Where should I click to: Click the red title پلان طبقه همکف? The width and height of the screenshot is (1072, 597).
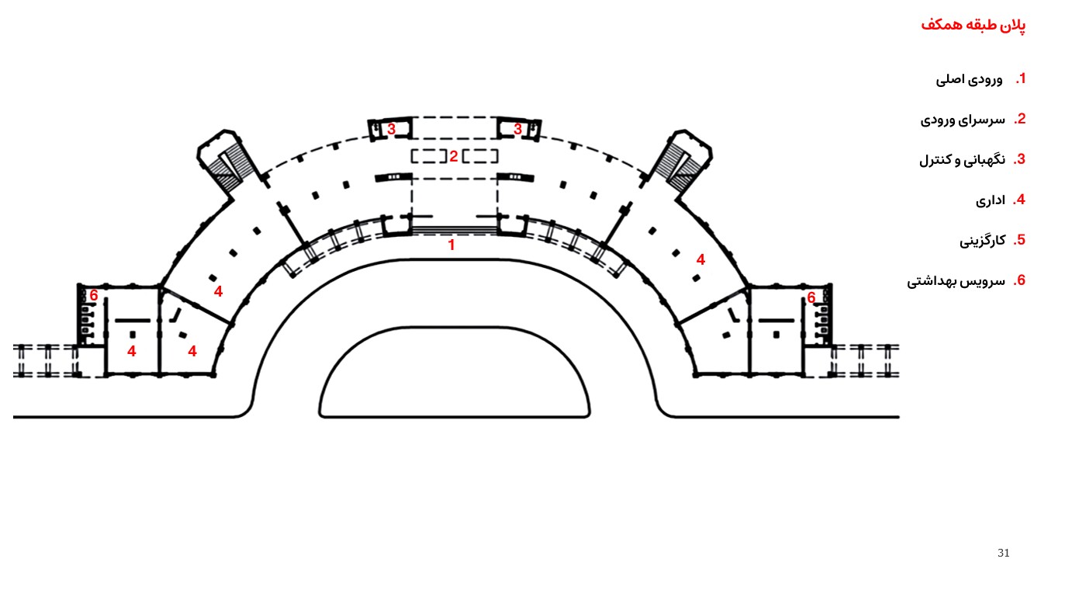(x=973, y=26)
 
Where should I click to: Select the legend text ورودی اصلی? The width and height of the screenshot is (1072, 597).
(x=969, y=79)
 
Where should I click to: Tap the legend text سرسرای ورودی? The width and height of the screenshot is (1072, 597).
(x=963, y=120)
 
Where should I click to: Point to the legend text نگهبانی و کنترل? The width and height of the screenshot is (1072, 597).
(x=962, y=160)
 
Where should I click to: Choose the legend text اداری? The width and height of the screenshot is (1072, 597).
(x=990, y=200)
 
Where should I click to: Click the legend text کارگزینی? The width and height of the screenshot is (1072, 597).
(x=982, y=241)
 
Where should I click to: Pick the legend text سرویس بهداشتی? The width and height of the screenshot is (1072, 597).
(x=956, y=281)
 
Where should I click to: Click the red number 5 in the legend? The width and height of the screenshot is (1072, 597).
(x=1020, y=240)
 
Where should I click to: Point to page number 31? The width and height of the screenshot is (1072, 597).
(x=1004, y=554)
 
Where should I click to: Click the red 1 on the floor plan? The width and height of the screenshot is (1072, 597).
(x=451, y=245)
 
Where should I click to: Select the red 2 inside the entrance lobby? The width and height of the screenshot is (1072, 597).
(x=454, y=156)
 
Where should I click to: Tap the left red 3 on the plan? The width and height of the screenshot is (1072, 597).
(x=392, y=130)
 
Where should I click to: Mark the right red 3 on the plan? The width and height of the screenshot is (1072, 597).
(x=517, y=130)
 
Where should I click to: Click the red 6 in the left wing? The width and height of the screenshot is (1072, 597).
(x=94, y=295)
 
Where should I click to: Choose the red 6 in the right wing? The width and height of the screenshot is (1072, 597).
(x=811, y=297)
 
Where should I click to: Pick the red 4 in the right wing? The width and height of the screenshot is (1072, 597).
(x=700, y=260)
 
